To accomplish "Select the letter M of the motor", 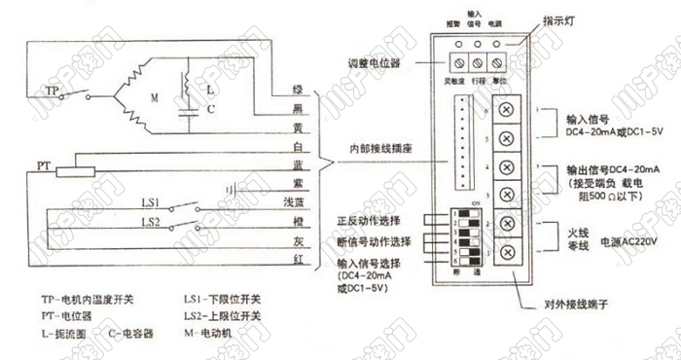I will pyautogui.click(x=152, y=98).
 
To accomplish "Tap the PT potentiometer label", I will pyautogui.click(x=43, y=166).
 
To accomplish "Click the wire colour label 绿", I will pyautogui.click(x=299, y=89).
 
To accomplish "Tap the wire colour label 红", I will pyautogui.click(x=300, y=258).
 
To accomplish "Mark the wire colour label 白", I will pyautogui.click(x=299, y=146).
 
